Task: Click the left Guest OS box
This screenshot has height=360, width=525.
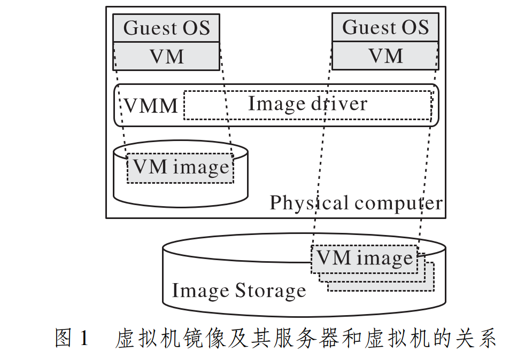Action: (x=166, y=28)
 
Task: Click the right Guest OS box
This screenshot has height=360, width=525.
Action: (x=385, y=27)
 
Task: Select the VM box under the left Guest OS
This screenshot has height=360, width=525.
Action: (x=166, y=56)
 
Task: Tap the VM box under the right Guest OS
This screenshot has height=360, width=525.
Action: (x=385, y=56)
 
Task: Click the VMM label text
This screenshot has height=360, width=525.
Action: (x=151, y=106)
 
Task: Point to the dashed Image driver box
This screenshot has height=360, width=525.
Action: (x=307, y=105)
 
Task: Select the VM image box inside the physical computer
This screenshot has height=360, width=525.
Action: (x=180, y=168)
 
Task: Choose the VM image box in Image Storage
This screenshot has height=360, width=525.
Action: (x=365, y=259)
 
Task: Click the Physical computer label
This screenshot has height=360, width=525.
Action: (x=356, y=204)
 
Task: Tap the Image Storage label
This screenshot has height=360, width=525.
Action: (x=238, y=291)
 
